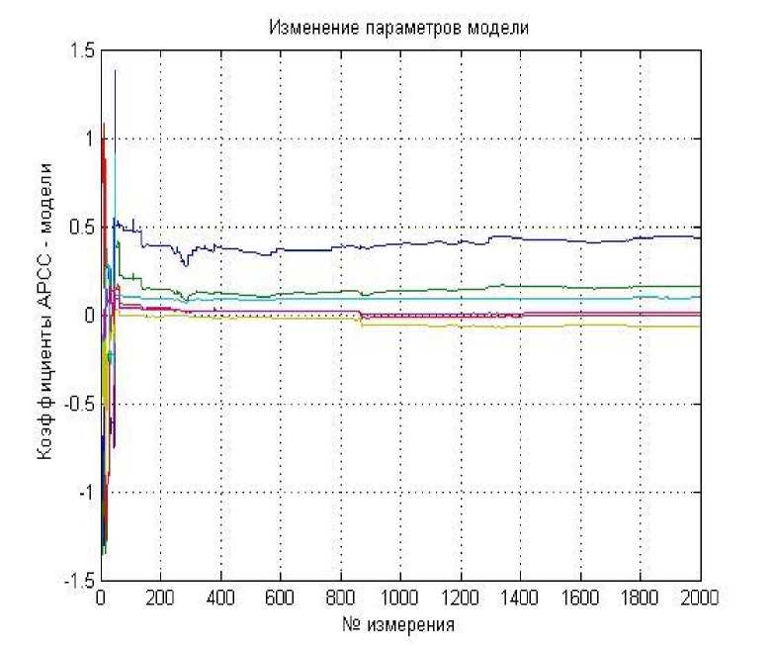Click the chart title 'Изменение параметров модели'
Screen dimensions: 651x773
pos(398,28)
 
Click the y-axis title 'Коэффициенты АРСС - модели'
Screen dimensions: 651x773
pos(43,316)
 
